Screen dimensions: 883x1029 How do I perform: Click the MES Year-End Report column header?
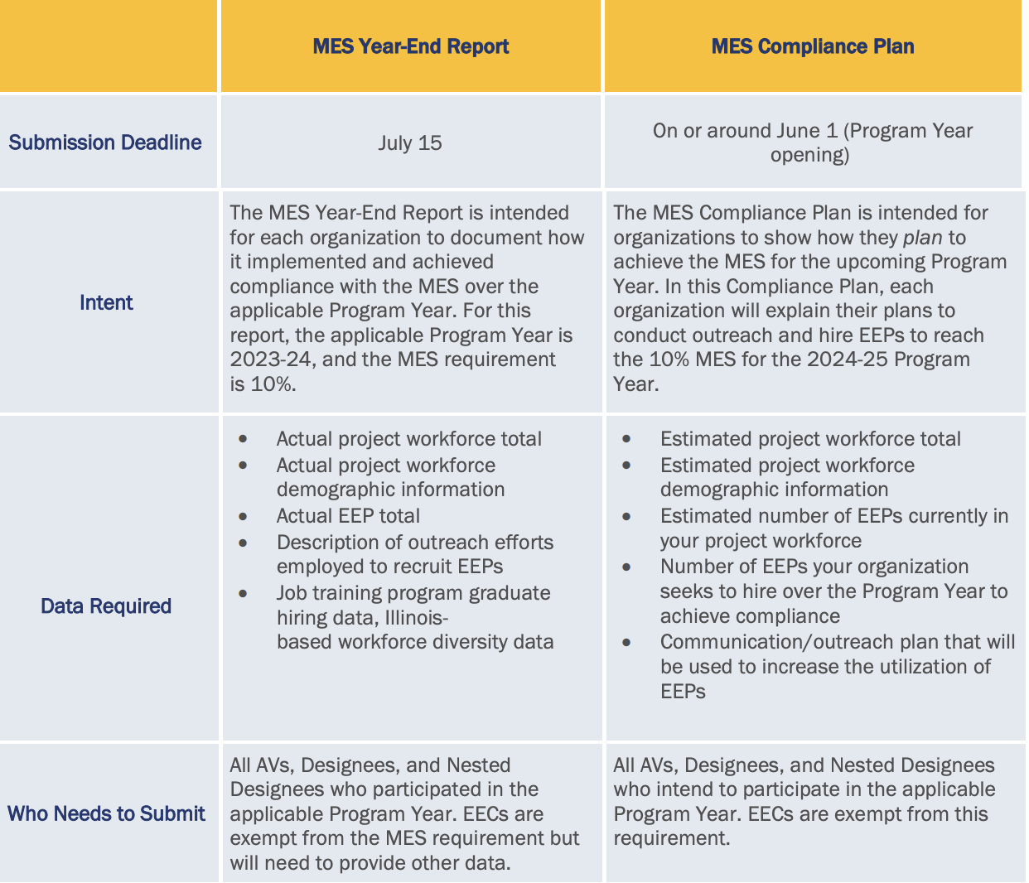pos(410,46)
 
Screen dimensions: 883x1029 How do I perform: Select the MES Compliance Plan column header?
pos(812,46)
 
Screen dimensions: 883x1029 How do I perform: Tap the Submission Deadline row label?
pos(105,142)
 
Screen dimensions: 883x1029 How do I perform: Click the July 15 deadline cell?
pos(410,143)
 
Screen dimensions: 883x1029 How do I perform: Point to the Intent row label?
pos(106,303)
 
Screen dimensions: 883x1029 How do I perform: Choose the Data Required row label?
pos(106,606)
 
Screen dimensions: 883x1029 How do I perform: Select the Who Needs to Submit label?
pos(106,813)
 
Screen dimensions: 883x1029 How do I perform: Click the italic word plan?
pos(922,238)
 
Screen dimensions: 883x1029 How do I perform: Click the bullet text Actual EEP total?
pos(348,516)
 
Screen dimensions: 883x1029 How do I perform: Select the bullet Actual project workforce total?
pos(409,439)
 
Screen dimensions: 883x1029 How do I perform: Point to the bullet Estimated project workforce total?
pos(810,439)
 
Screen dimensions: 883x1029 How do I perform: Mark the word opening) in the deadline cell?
pos(809,156)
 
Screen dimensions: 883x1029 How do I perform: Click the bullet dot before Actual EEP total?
pos(243,517)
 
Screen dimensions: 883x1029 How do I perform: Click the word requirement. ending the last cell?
pos(671,838)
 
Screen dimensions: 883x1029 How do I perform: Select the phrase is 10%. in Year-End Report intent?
pos(263,384)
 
